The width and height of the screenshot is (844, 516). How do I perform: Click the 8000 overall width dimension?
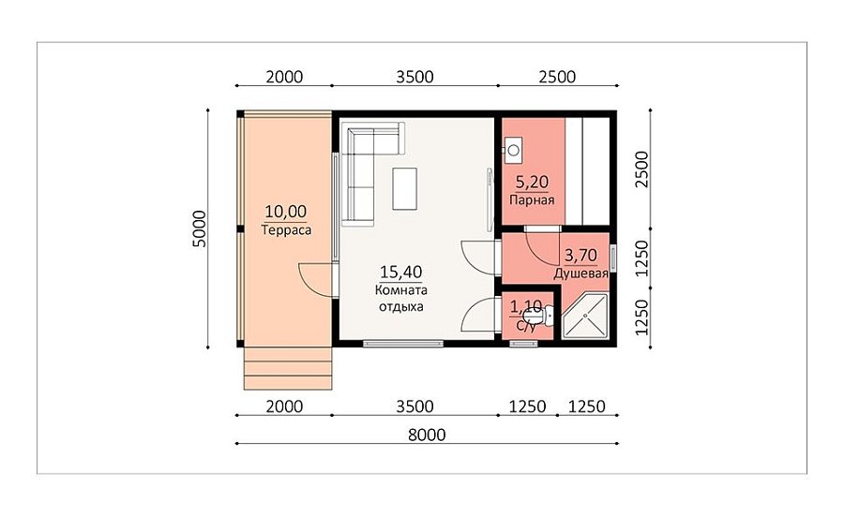point(427,435)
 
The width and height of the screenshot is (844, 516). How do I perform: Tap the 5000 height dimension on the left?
point(199,229)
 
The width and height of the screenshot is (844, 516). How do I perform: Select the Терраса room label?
point(286,230)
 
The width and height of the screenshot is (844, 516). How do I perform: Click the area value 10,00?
point(285,212)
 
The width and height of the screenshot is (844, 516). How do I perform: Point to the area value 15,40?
point(401,272)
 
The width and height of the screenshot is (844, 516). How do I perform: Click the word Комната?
point(401,290)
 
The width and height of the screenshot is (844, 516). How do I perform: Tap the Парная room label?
point(532,200)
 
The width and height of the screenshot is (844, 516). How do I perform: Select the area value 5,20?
point(532,183)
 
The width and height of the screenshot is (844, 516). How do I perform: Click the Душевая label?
point(581,273)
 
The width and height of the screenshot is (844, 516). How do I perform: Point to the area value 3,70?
point(580,255)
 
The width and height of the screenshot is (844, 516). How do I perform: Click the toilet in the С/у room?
point(544,316)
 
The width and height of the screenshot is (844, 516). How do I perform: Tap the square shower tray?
point(585,316)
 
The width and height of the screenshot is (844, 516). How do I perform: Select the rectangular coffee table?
point(405,188)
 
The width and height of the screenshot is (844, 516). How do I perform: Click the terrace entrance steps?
point(288,368)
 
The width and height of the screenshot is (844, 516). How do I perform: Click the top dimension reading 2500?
point(557,77)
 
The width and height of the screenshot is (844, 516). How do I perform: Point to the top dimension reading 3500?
point(414,77)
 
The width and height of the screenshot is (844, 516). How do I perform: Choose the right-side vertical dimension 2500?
point(642,170)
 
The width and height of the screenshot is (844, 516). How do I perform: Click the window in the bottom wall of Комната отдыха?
point(403,344)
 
